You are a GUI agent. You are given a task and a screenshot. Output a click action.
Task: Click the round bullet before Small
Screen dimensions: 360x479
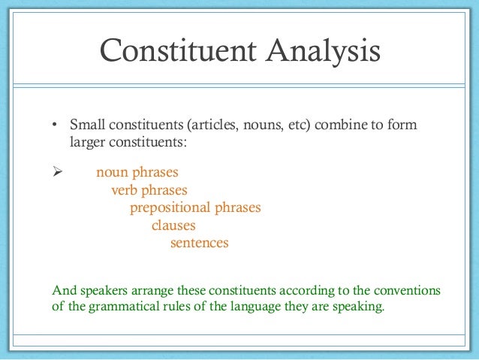click(x=55, y=125)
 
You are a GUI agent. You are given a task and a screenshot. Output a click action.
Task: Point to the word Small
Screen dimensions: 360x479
click(x=86, y=125)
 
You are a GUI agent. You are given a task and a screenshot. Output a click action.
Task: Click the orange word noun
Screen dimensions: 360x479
click(x=112, y=172)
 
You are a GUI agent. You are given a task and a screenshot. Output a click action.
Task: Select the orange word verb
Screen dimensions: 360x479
click(x=125, y=190)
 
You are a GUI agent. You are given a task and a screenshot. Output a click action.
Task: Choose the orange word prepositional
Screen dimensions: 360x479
click(x=170, y=208)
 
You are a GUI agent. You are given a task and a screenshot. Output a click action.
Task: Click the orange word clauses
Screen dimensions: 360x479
click(x=173, y=225)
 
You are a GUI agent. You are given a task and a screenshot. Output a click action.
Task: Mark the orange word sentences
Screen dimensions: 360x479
click(x=199, y=244)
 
